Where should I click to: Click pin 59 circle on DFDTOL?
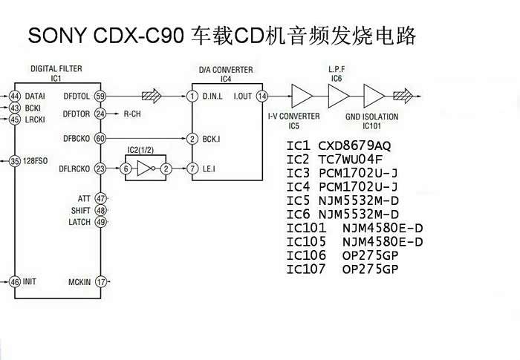pos(101,96)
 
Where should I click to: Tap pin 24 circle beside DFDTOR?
pos(101,114)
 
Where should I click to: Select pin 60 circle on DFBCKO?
pos(101,139)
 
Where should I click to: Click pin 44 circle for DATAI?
pos(15,96)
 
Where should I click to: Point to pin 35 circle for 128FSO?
pos(15,160)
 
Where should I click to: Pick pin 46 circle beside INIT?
pos(15,281)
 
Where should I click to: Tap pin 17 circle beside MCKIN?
pos(101,281)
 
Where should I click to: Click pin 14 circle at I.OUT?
pos(262,96)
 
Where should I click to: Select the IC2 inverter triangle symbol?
pos(148,169)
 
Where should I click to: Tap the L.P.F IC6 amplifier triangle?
pos(338,96)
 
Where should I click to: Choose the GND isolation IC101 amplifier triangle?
pos(373,96)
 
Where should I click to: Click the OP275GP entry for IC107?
pos(370,269)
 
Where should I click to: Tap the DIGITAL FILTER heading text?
pos(56,69)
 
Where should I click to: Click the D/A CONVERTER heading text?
pos(227,71)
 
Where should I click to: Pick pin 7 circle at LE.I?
pos(192,169)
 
